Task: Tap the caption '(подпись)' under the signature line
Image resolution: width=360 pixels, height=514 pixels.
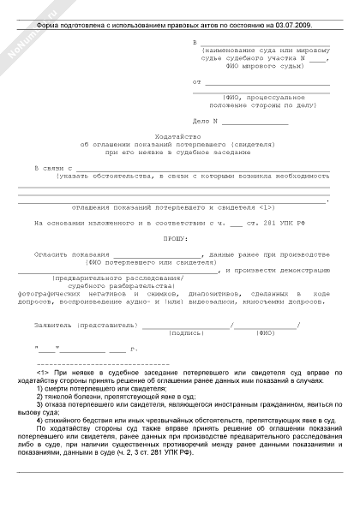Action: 186,332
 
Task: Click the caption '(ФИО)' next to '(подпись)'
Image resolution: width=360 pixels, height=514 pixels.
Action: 266,332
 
